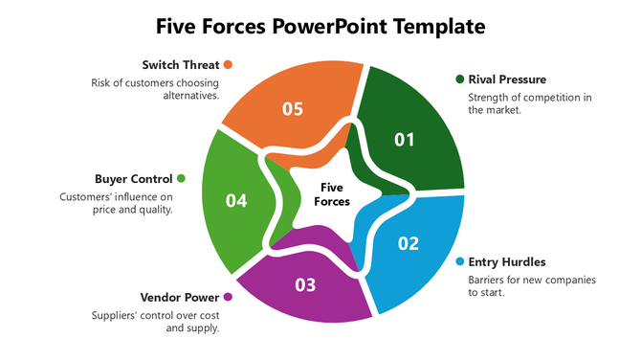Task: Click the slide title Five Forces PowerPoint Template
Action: click(x=320, y=25)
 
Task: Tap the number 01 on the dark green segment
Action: click(x=405, y=140)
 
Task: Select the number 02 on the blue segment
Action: click(x=409, y=243)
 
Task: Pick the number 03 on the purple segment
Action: click(x=305, y=284)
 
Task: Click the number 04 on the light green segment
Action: click(x=236, y=200)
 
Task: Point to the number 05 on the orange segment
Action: click(x=293, y=108)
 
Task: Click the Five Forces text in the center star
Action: click(x=332, y=194)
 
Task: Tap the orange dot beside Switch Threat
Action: click(x=228, y=65)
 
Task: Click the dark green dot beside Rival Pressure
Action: click(x=460, y=79)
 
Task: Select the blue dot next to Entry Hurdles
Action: click(x=460, y=261)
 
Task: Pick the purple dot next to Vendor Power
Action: click(x=228, y=297)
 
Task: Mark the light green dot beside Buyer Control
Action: click(x=181, y=178)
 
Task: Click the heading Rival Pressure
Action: click(x=507, y=79)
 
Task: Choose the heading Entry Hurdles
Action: click(x=507, y=261)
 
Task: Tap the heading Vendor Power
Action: click(x=180, y=297)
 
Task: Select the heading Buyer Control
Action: click(x=134, y=178)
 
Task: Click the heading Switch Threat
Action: click(x=181, y=65)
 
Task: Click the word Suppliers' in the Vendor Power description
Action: click(x=116, y=315)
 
